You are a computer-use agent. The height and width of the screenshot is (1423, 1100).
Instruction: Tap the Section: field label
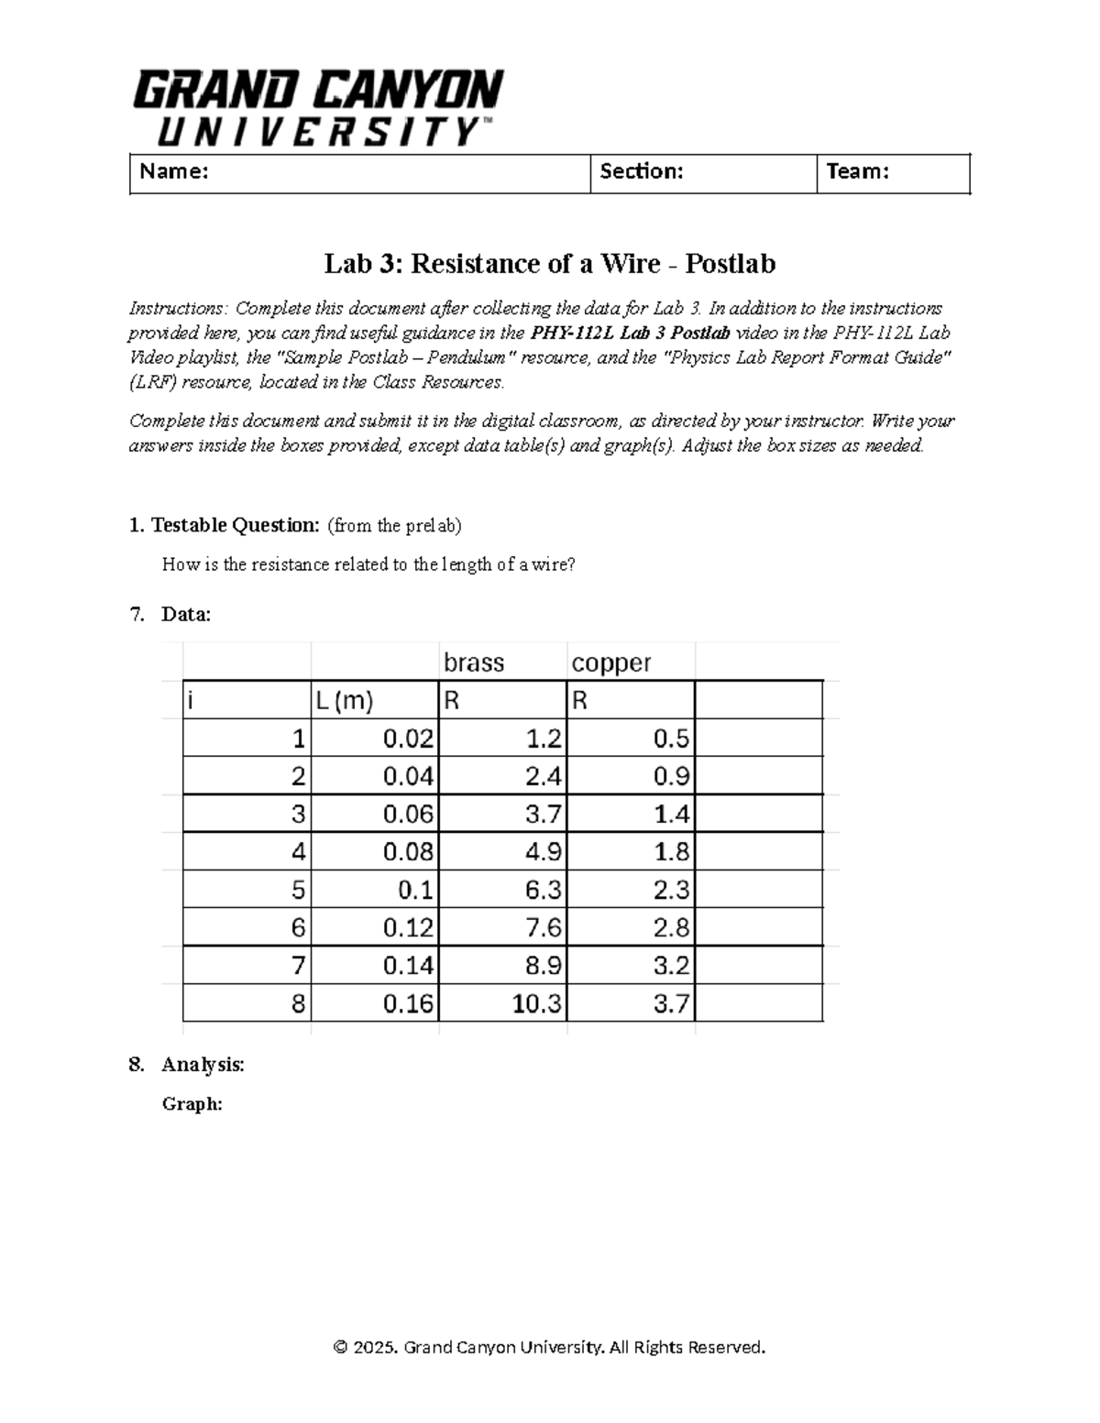tap(641, 171)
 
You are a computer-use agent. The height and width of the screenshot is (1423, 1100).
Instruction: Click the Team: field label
tap(857, 171)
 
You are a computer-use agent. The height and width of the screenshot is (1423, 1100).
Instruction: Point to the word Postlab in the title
tap(730, 264)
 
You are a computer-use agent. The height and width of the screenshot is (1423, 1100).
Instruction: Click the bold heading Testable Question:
tap(235, 525)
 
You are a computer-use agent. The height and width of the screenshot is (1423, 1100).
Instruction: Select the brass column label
tap(474, 662)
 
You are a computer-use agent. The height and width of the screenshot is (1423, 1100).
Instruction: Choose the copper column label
tap(611, 662)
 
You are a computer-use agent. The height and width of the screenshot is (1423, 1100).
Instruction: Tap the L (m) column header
tap(345, 702)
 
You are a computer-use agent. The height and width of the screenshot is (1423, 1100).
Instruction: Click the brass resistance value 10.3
tap(536, 1003)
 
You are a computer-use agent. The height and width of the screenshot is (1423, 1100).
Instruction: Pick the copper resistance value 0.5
tap(671, 739)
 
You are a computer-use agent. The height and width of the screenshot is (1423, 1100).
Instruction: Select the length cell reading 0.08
tap(408, 852)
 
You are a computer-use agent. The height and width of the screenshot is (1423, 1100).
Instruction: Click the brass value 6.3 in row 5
tap(544, 890)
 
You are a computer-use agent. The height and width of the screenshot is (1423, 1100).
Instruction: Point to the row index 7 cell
tap(297, 966)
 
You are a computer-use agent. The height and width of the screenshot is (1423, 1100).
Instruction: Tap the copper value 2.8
tap(671, 928)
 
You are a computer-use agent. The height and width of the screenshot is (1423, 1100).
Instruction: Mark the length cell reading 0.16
tap(408, 1003)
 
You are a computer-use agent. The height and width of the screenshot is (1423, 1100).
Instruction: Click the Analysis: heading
tap(203, 1065)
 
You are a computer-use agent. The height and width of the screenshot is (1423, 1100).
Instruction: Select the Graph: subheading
tap(192, 1104)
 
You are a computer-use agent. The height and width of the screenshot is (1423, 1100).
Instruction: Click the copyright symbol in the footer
tap(340, 1347)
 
